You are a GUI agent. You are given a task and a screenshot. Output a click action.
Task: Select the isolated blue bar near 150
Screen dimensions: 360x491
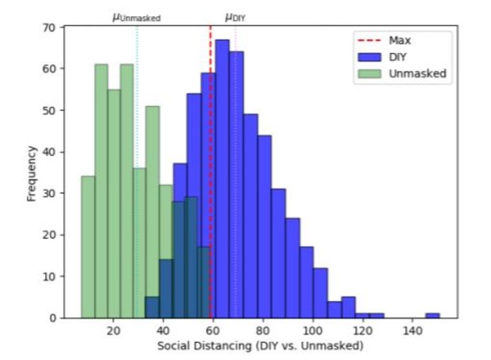pos(432,316)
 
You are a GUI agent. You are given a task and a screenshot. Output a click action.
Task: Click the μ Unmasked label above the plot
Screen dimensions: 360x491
pos(136,17)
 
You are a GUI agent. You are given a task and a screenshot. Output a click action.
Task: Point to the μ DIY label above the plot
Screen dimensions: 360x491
pos(235,17)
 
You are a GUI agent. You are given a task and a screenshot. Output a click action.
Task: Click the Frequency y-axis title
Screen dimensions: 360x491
pos(32,173)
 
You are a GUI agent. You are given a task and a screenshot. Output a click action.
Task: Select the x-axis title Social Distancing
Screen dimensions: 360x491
pos(261,345)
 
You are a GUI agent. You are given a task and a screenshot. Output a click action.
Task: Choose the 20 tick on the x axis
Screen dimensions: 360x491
pos(113,329)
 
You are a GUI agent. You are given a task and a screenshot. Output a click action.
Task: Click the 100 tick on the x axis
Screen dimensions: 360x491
pos(313,329)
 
